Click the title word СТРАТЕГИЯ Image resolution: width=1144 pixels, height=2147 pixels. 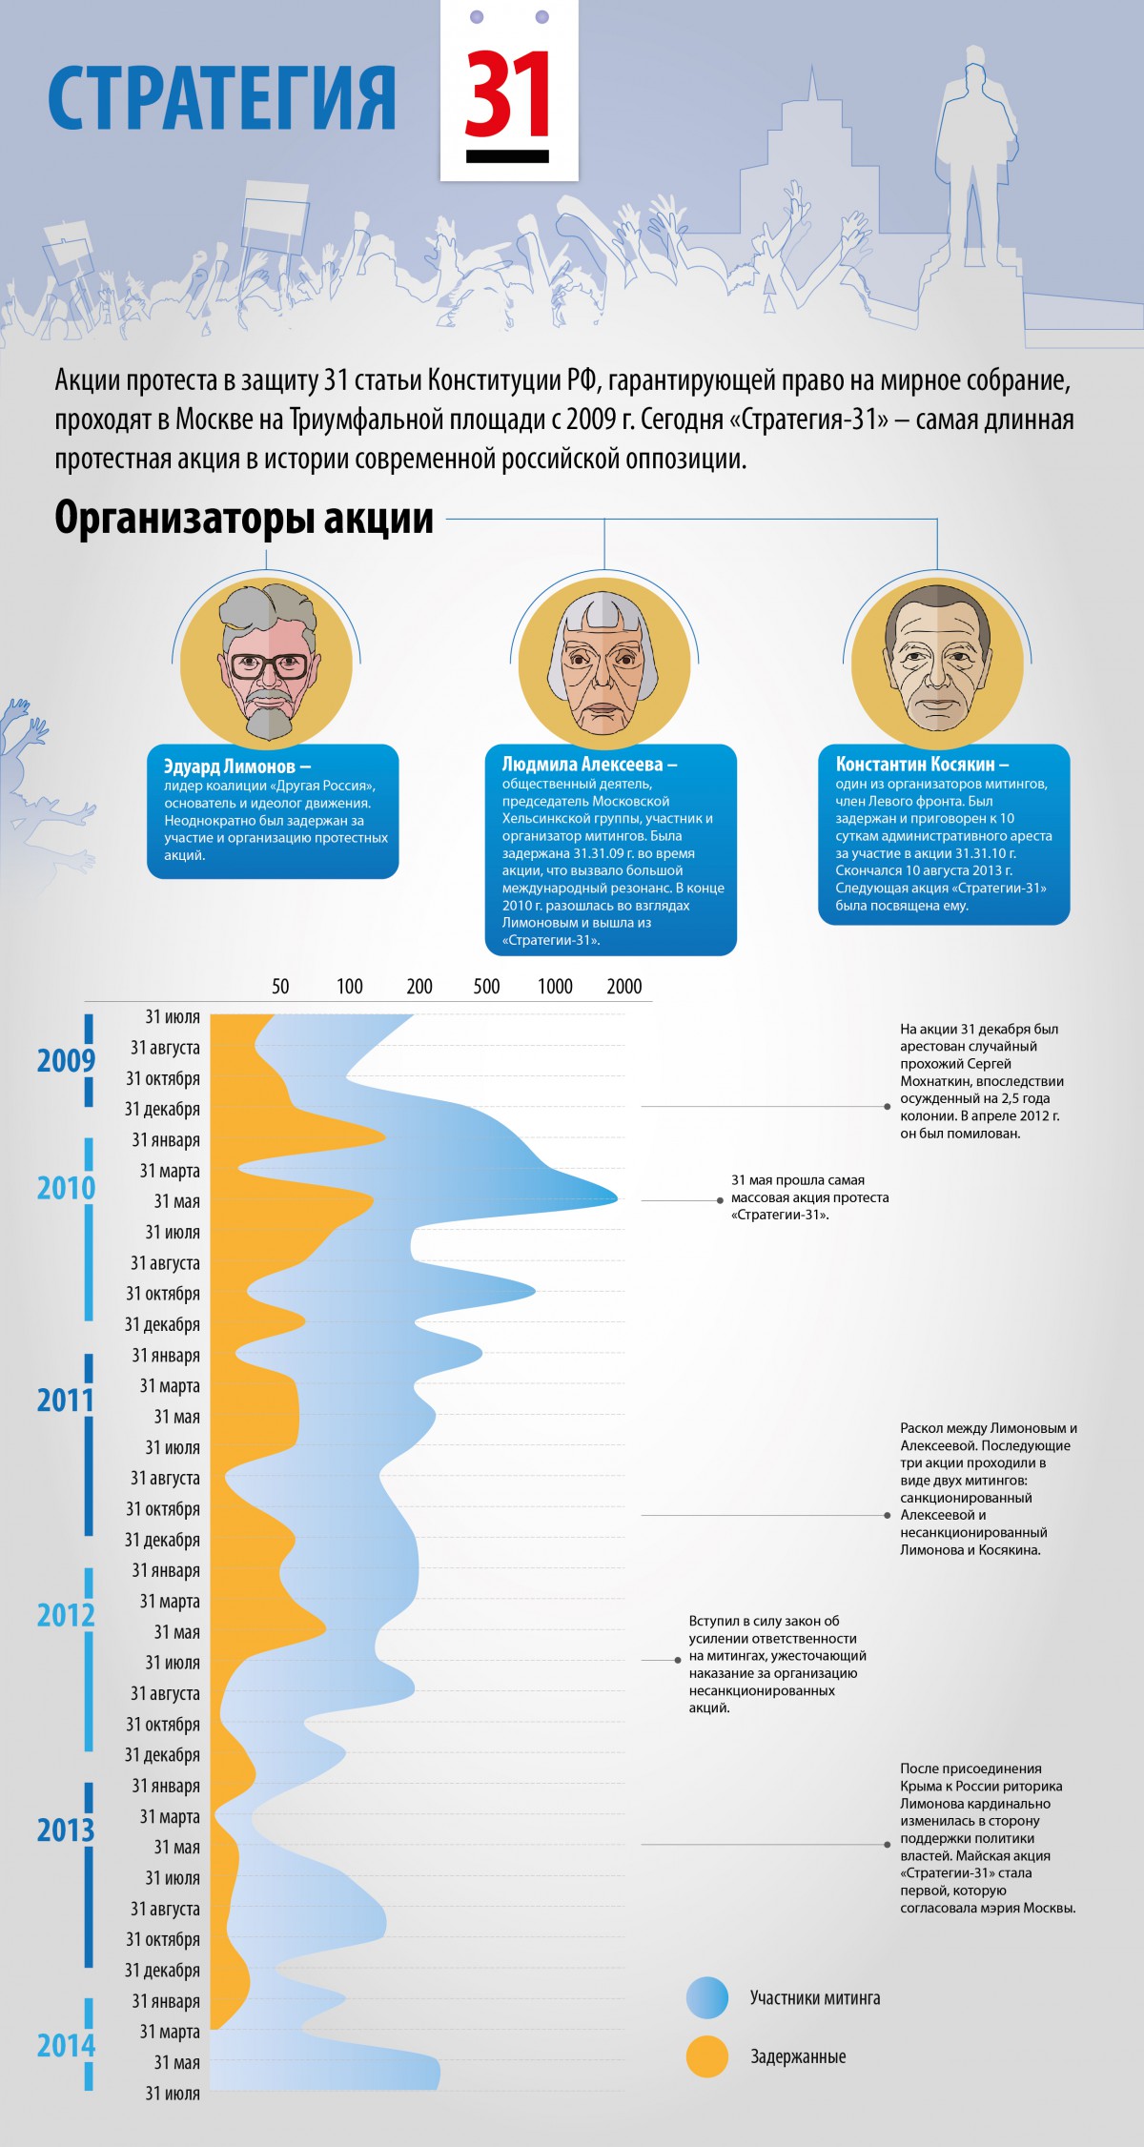pos(222,97)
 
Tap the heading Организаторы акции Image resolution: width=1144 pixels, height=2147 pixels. pos(244,519)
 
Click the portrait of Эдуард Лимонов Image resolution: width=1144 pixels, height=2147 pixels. pos(266,664)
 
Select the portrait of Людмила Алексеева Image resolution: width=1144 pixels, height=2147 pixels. pos(603,664)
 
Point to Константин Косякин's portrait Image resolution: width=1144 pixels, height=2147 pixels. pos(937,664)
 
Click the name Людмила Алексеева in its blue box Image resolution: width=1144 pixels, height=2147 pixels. pos(588,765)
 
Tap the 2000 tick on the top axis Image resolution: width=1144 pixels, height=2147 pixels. pos(624,987)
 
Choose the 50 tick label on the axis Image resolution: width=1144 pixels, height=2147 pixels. pos(280,987)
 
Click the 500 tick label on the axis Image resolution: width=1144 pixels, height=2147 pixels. pos(486,987)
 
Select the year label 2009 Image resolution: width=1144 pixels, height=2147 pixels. pos(66,1060)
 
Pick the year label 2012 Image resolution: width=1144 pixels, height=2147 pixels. pos(66,1615)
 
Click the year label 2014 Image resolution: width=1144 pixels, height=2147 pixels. pos(66,2046)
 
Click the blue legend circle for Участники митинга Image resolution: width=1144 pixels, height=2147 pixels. pos(707,1998)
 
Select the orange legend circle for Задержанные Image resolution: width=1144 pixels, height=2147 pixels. pos(707,2057)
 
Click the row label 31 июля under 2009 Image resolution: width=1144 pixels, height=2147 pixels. pos(173,1017)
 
